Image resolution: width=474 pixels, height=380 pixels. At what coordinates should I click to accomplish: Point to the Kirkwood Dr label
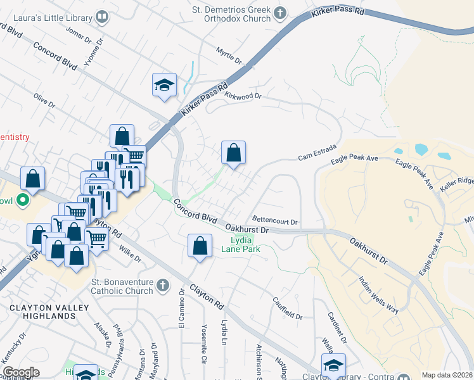point(243,96)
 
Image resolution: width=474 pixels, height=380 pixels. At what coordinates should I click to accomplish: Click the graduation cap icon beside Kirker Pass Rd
point(164,85)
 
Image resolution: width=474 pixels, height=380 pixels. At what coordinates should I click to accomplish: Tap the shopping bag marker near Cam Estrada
point(233,153)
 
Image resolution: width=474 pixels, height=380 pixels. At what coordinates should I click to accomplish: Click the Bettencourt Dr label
point(275,220)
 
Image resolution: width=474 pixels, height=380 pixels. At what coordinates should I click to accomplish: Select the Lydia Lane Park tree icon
point(247,239)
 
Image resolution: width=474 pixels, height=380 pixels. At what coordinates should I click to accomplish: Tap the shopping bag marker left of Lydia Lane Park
point(200,246)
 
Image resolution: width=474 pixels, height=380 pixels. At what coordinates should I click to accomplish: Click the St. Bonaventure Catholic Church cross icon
point(163,284)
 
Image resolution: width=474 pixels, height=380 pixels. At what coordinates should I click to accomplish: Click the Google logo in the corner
point(20,372)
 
